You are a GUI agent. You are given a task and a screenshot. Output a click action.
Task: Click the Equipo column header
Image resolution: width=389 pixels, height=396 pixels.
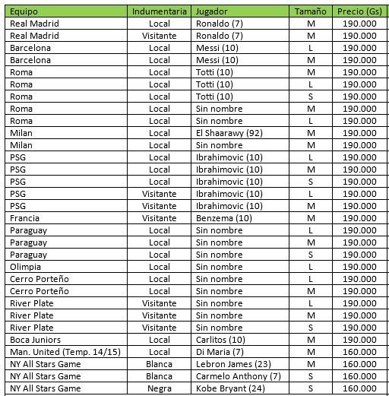pyautogui.click(x=25, y=12)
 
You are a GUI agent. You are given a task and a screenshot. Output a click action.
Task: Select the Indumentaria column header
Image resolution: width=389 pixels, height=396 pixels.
pyautogui.click(x=160, y=12)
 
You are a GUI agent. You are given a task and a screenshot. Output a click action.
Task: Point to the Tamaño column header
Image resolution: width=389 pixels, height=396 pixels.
pyautogui.click(x=312, y=12)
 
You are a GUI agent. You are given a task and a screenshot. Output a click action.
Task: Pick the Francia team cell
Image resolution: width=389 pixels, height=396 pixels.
pyautogui.click(x=25, y=218)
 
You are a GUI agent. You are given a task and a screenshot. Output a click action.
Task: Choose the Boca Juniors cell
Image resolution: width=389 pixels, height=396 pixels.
pyautogui.click(x=36, y=340)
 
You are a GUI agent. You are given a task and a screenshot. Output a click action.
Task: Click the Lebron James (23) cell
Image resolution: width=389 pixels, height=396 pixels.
pyautogui.click(x=230, y=364)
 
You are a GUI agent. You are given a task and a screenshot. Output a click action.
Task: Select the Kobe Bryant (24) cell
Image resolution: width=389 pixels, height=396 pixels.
pyautogui.click(x=227, y=388)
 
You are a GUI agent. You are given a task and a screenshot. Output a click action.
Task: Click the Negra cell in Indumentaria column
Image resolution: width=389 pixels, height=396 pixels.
pyautogui.click(x=160, y=388)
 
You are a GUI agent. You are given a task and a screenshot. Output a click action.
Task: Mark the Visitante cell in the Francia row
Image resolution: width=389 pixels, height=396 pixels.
pyautogui.click(x=160, y=218)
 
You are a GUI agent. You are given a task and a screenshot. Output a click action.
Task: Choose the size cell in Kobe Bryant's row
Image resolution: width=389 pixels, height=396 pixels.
pyautogui.click(x=312, y=388)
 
